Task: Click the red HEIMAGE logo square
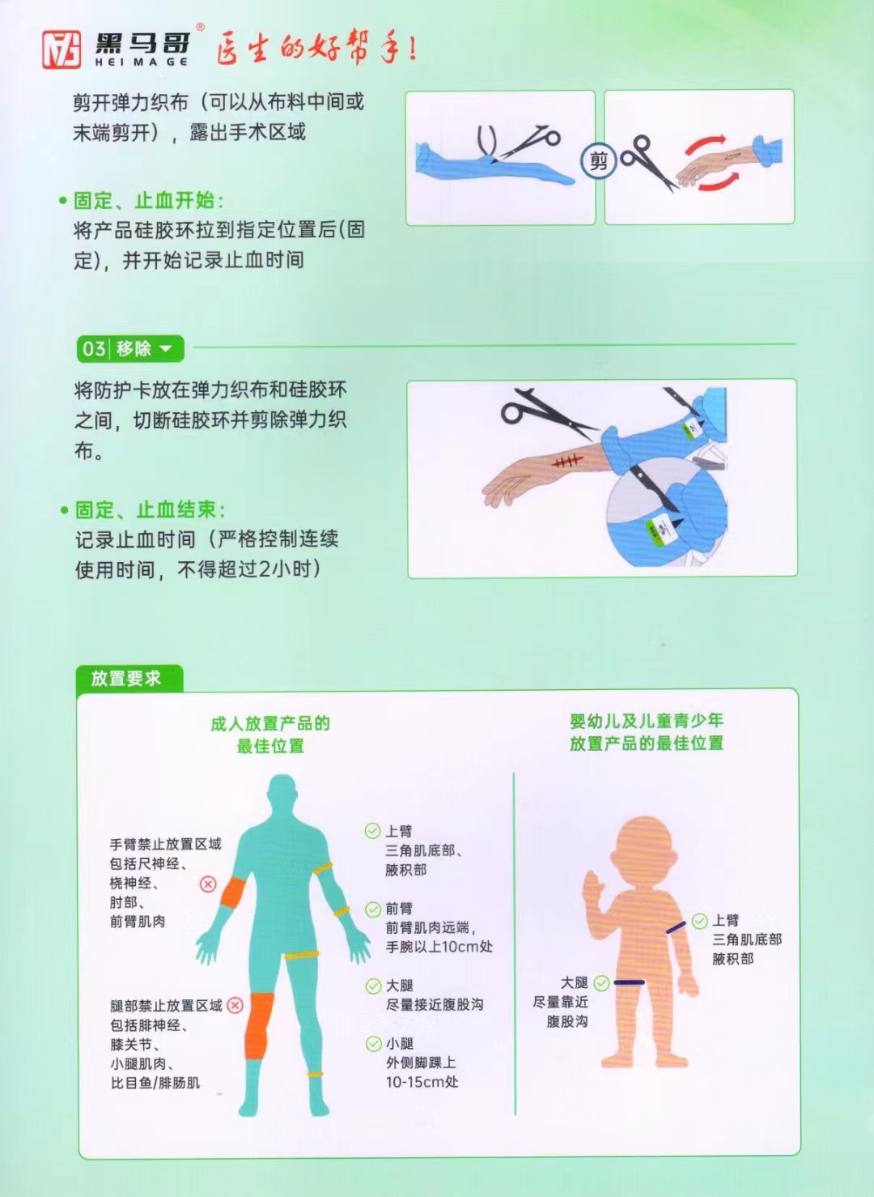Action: coord(62,49)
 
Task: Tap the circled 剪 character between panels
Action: coord(599,160)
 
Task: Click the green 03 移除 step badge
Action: coord(130,349)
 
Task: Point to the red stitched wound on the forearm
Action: coord(566,461)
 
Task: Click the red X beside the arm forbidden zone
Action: coord(208,884)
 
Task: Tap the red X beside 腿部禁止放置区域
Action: coord(235,1005)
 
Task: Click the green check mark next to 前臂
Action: coord(373,909)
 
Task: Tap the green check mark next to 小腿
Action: coord(373,1043)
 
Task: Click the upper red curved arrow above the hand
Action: coord(706,143)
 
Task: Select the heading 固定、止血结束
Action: coord(149,509)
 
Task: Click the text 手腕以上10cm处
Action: coord(439,947)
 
